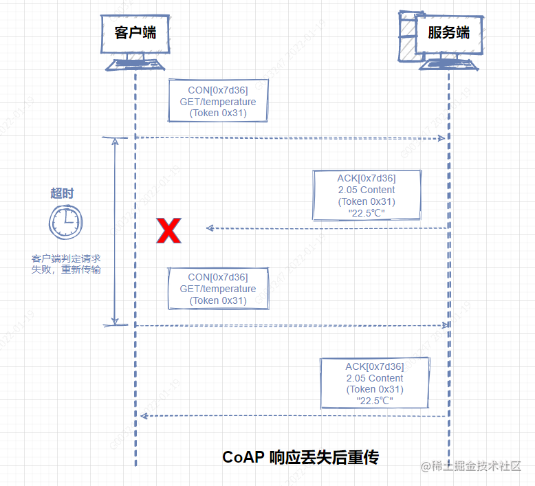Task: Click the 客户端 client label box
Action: (x=135, y=32)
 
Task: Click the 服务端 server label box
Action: (x=448, y=32)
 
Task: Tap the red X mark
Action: (x=168, y=231)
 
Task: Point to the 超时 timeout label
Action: (x=62, y=193)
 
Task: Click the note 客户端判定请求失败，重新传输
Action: (x=66, y=264)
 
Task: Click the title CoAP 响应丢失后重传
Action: (x=301, y=457)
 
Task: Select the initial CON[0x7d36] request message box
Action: (x=218, y=101)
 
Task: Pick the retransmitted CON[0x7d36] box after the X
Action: (x=218, y=289)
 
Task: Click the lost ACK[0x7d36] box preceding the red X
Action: (x=366, y=196)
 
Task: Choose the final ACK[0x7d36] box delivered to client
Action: (x=375, y=384)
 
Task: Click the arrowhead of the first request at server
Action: (x=442, y=138)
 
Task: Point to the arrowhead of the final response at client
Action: (x=143, y=416)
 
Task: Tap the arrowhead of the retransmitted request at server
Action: (x=446, y=325)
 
